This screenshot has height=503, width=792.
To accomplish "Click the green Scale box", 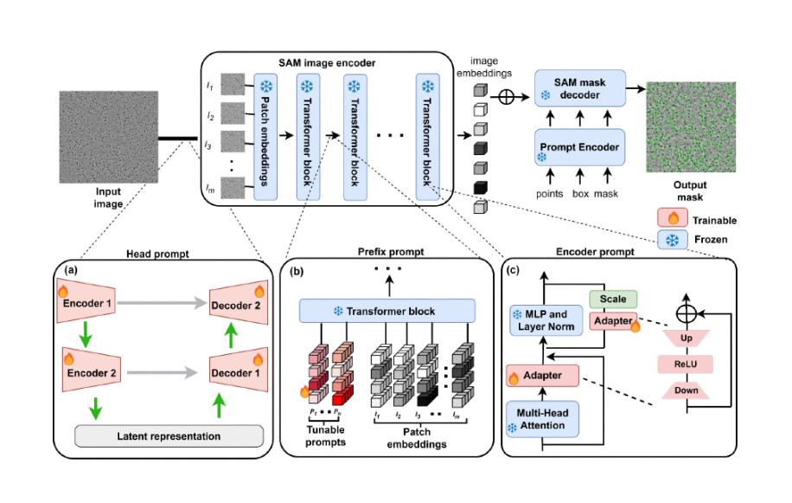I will (612, 299).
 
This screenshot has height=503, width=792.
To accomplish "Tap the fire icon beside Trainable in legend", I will (671, 220).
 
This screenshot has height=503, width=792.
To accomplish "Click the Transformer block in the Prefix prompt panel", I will (386, 312).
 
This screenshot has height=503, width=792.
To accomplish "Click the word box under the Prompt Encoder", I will (580, 194).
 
